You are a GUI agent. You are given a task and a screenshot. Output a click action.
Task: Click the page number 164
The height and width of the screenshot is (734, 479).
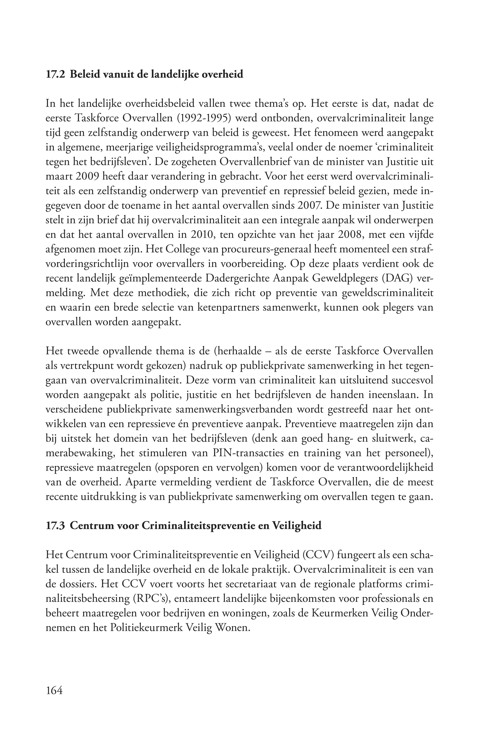(x=54, y=690)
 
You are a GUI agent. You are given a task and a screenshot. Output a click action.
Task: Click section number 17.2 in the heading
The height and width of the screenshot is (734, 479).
(x=55, y=75)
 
